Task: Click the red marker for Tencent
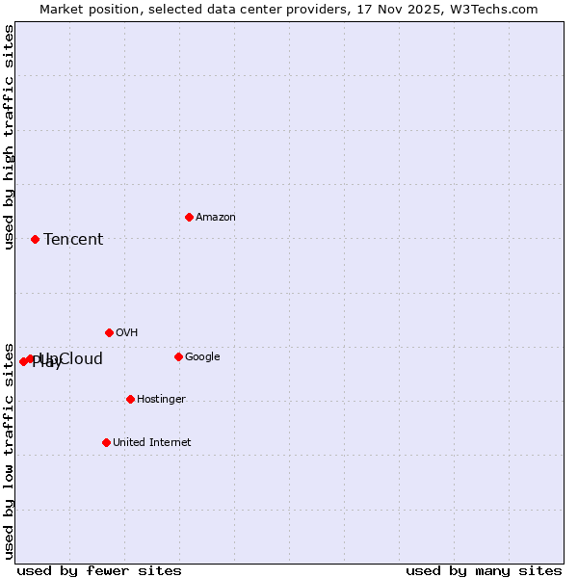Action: [x=35, y=239]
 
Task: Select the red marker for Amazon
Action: [x=189, y=217]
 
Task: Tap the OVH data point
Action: [x=109, y=332]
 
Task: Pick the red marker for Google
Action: [x=178, y=356]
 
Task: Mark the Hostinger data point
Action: [x=130, y=399]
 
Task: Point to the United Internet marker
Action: [x=106, y=442]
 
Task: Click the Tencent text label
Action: [x=73, y=239]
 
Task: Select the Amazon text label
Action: [x=216, y=217]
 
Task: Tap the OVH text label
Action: [x=127, y=332]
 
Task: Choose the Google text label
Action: [x=202, y=356]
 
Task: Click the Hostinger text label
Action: [x=161, y=399]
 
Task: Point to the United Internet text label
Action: [x=152, y=442]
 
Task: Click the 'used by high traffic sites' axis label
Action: [x=9, y=137]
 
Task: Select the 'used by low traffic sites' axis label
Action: [x=9, y=451]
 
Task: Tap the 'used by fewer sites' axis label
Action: [x=99, y=570]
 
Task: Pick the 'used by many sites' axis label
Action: [x=484, y=570]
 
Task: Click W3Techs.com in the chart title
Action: [x=500, y=9]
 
